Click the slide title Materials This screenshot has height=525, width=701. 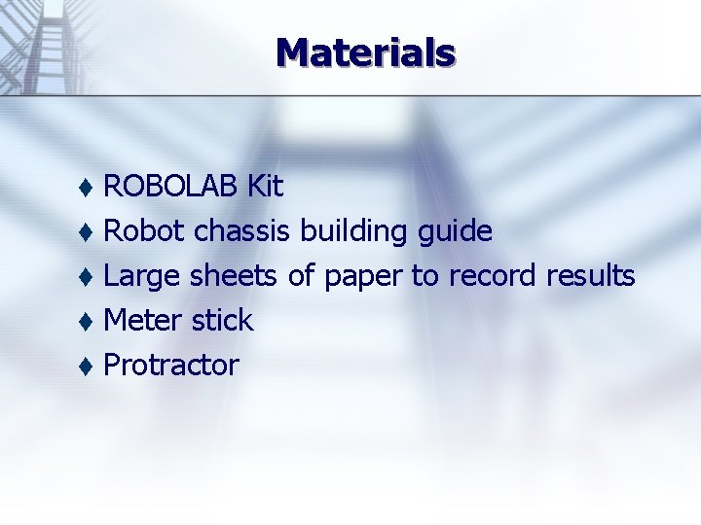[365, 52]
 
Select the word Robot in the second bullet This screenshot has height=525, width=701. [145, 230]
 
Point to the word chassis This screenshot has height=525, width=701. [242, 230]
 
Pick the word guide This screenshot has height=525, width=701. [455, 232]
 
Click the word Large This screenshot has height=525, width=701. [142, 277]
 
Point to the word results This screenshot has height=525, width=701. [591, 276]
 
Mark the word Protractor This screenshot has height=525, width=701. [171, 365]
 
